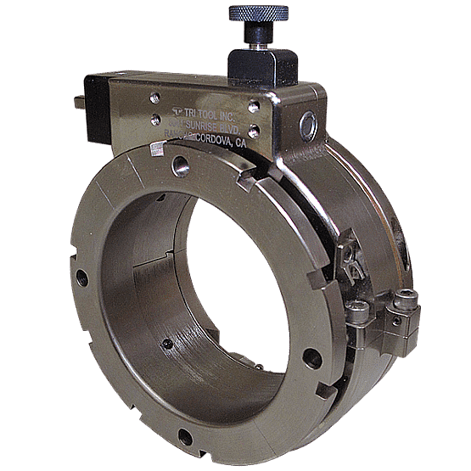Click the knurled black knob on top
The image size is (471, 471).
coord(258,12)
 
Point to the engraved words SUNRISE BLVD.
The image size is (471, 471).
coord(211,126)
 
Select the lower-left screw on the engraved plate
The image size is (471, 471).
coord(156,121)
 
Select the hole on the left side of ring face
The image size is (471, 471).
coord(81,277)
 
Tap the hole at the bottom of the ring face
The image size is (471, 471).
coord(183,436)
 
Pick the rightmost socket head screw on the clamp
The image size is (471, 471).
coord(405,300)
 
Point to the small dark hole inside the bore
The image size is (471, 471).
coord(167,343)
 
